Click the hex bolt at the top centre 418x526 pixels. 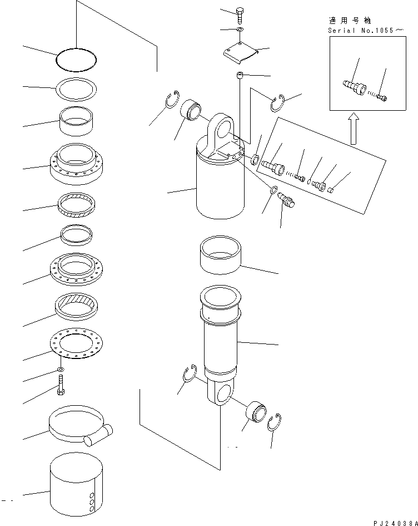coord(240,15)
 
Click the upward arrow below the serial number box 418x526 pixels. coord(354,129)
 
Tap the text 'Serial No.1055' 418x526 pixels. coord(361,31)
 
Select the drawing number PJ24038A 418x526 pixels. coord(396,523)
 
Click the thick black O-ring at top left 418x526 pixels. coord(76,60)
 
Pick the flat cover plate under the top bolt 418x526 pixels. coord(241,52)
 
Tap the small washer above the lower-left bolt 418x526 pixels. coord(61,370)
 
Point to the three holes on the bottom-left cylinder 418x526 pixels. coord(91,502)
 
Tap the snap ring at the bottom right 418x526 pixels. coord(274,422)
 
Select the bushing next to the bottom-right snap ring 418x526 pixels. coord(256,411)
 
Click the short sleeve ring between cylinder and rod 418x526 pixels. coord(220,254)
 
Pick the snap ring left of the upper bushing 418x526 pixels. coord(172,100)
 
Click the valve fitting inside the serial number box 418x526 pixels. coord(355,87)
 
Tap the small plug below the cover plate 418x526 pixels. coord(240,75)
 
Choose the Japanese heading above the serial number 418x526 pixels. coord(350,21)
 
